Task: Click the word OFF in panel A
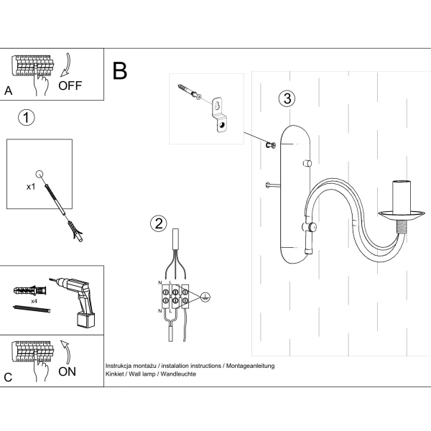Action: coord(70,85)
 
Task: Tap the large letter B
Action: coord(120,70)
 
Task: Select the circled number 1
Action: coord(26,117)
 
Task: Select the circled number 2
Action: coord(158,223)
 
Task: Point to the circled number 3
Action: coord(287,99)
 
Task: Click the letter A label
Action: coord(9,91)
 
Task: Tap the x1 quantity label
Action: coord(31,186)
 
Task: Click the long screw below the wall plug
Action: coord(32,309)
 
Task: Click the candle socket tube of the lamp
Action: coord(402,195)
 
